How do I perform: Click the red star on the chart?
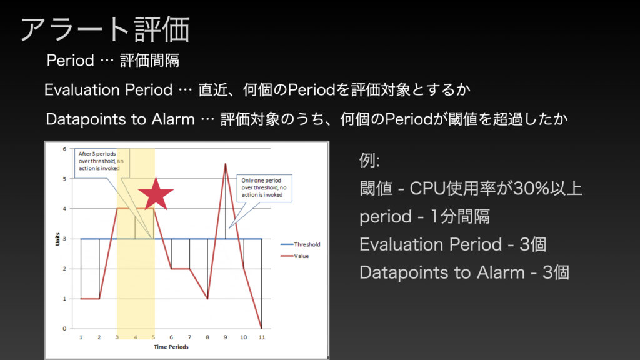click(156, 194)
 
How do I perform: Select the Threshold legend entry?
click(301, 244)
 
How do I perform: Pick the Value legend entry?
click(295, 256)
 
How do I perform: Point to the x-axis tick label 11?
click(262, 337)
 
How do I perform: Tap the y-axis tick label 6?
click(64, 149)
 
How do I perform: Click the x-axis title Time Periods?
click(171, 347)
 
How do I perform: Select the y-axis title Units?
click(57, 239)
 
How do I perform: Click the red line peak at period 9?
click(225, 164)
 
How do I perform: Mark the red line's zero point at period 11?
click(262, 328)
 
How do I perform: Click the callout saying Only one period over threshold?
click(264, 187)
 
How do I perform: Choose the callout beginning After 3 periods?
click(101, 161)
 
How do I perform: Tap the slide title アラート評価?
click(105, 29)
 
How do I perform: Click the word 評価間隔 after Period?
click(150, 61)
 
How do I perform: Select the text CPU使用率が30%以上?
click(496, 189)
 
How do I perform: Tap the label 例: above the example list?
click(369, 161)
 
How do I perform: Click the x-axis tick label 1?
click(81, 337)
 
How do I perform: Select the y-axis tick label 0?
click(64, 329)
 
